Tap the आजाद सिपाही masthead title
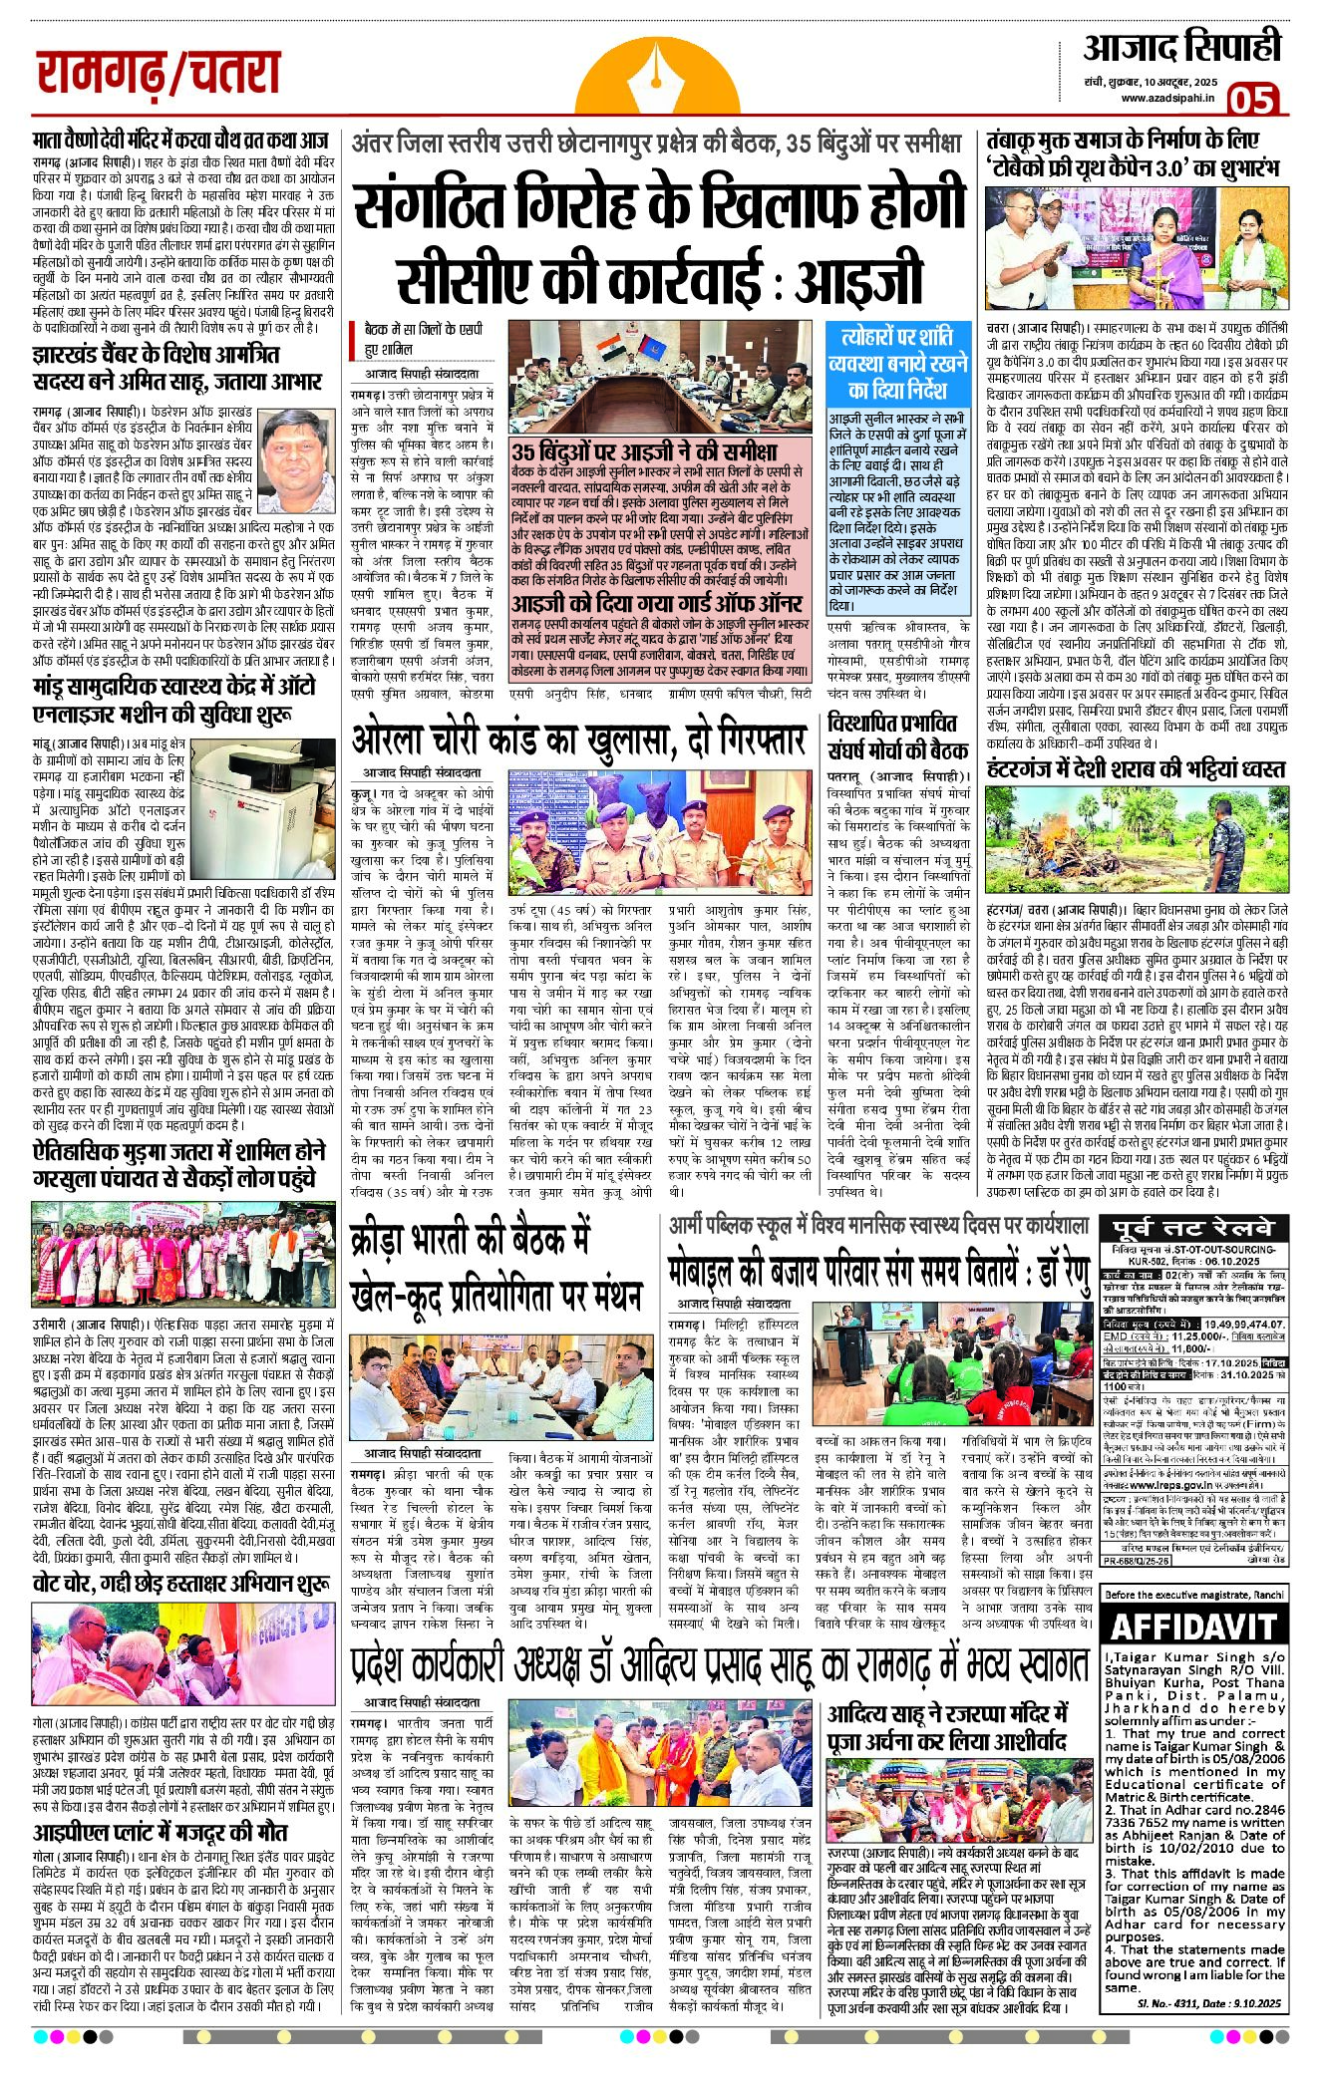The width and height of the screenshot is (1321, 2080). [1181, 47]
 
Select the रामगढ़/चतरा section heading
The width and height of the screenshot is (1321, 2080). [158, 75]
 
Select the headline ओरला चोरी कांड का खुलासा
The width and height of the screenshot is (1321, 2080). [577, 740]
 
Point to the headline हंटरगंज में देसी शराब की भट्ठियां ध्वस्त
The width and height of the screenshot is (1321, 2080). [1135, 767]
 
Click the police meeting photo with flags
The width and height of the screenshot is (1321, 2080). [659, 376]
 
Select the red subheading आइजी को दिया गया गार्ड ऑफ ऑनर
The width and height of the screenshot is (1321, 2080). [657, 605]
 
